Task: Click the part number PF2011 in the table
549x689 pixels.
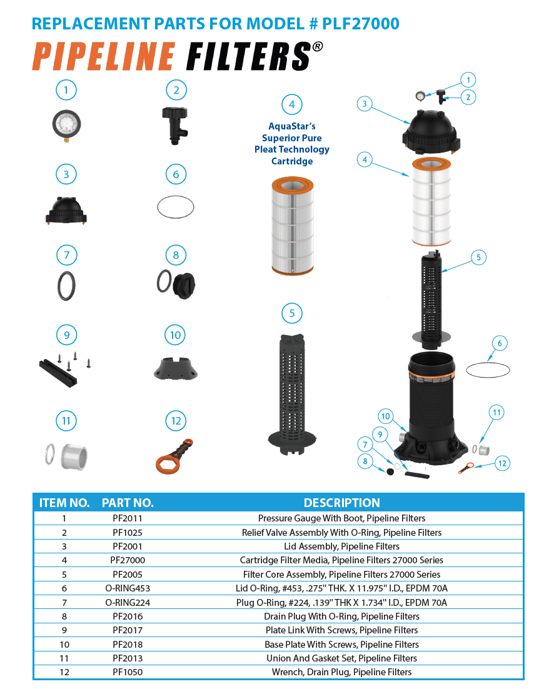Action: tap(128, 518)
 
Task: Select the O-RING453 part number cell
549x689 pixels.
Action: tap(128, 588)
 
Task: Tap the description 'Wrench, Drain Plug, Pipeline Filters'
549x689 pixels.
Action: tap(341, 672)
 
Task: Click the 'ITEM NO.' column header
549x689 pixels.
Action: tap(64, 503)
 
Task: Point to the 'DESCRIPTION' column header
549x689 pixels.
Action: tap(341, 503)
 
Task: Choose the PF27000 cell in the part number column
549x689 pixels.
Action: tap(128, 560)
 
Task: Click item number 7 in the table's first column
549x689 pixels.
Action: tap(64, 603)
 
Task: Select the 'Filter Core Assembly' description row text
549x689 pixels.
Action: tap(341, 575)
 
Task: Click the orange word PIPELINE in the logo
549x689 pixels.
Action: tap(104, 56)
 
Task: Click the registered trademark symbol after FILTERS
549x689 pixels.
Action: tap(318, 47)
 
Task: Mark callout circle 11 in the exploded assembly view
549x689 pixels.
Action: tap(496, 413)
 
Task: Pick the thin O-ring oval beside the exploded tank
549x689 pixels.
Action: tap(488, 370)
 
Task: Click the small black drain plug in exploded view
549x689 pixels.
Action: tap(390, 471)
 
